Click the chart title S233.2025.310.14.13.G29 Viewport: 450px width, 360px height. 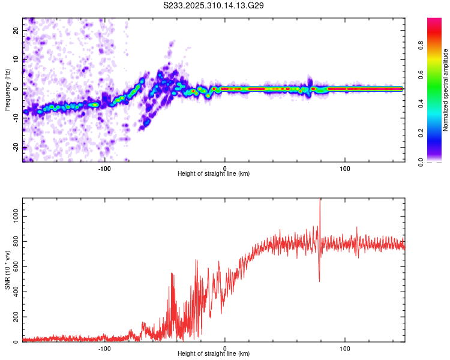(x=214, y=5)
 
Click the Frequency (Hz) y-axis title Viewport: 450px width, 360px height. (x=7, y=90)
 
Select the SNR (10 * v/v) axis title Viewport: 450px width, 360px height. (x=7, y=270)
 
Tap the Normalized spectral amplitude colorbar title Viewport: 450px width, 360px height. (x=446, y=90)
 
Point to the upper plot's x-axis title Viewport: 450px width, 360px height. (x=214, y=173)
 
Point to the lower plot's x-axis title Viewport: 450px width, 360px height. (x=214, y=353)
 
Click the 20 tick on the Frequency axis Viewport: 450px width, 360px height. (x=16, y=29)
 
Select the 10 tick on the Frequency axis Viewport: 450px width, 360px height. (x=16, y=59)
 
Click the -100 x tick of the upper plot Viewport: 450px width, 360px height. (x=105, y=167)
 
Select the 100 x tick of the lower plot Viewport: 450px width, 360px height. (x=345, y=347)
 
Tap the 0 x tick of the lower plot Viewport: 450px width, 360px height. (x=225, y=347)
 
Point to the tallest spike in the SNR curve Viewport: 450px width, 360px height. (x=320, y=200)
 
